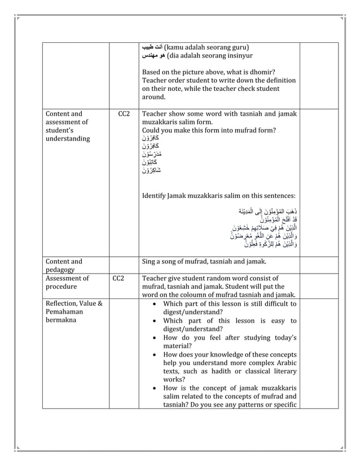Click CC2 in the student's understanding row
124,113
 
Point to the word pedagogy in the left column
59,269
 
